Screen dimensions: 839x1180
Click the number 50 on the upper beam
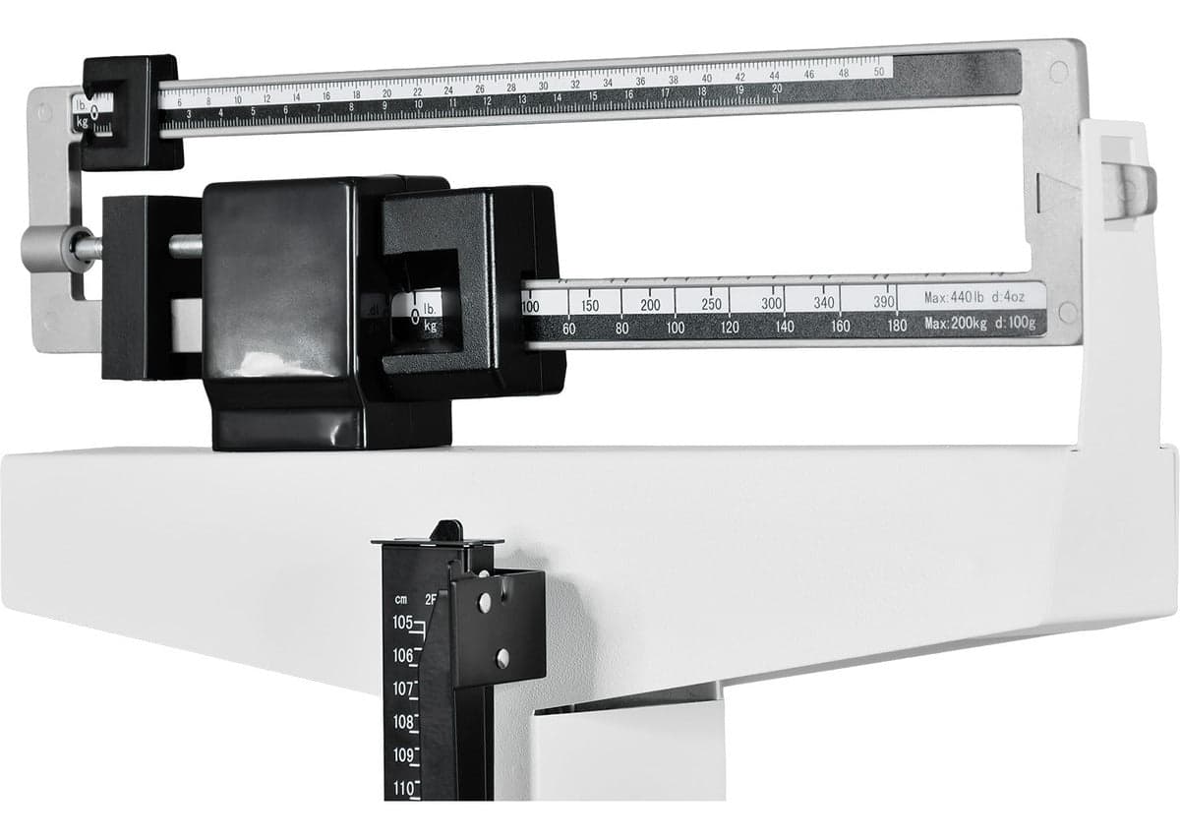click(877, 72)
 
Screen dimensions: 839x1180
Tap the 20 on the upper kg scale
click(777, 89)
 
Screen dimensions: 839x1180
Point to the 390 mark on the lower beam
click(884, 302)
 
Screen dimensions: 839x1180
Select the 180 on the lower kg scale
click(896, 326)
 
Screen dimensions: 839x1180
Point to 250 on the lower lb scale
click(712, 304)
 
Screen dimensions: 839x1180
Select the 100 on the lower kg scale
click(675, 328)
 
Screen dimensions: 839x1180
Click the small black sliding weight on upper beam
click(131, 111)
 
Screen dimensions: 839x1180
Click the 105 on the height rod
click(402, 623)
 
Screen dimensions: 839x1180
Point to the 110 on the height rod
click(402, 788)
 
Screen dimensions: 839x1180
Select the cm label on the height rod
click(401, 599)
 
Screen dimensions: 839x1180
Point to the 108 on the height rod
click(402, 722)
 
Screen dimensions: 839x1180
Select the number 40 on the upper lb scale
click(706, 78)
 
